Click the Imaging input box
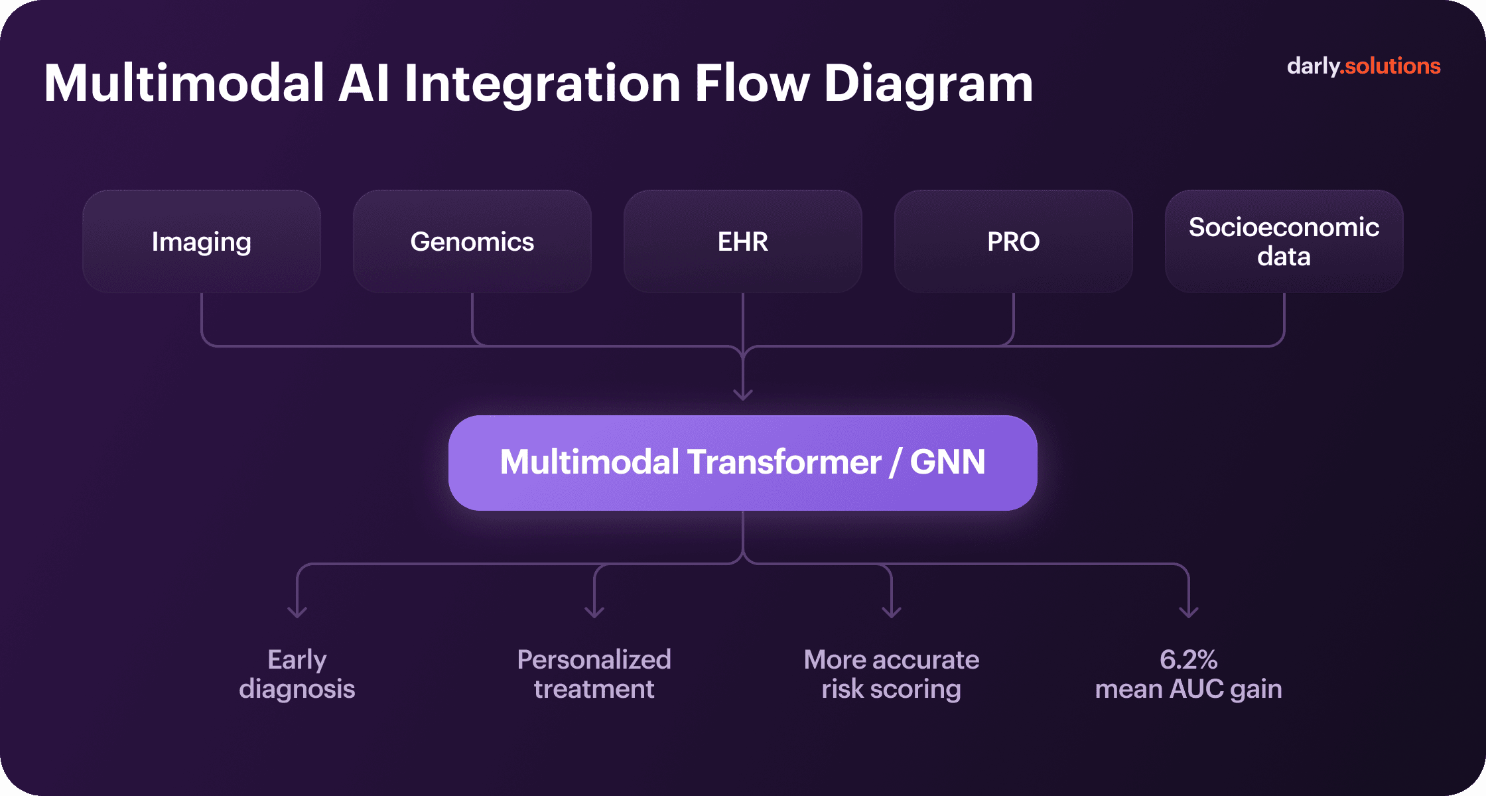(x=202, y=241)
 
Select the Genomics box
(x=472, y=241)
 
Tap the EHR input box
(x=743, y=241)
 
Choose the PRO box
(x=1014, y=241)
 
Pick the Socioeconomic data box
(x=1284, y=241)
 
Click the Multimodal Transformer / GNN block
(x=743, y=463)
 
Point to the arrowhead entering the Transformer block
(x=743, y=395)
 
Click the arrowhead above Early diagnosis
(x=297, y=612)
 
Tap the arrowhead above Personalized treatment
(x=594, y=612)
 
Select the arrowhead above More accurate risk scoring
(x=892, y=612)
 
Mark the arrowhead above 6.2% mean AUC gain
(x=1189, y=612)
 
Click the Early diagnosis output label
(x=297, y=674)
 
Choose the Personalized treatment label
(x=594, y=674)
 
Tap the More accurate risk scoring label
(x=892, y=674)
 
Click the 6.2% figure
(x=1189, y=659)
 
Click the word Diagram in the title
(x=928, y=84)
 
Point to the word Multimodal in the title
(x=184, y=84)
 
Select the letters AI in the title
(x=364, y=84)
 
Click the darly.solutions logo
(x=1363, y=66)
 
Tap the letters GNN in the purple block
(x=947, y=462)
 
